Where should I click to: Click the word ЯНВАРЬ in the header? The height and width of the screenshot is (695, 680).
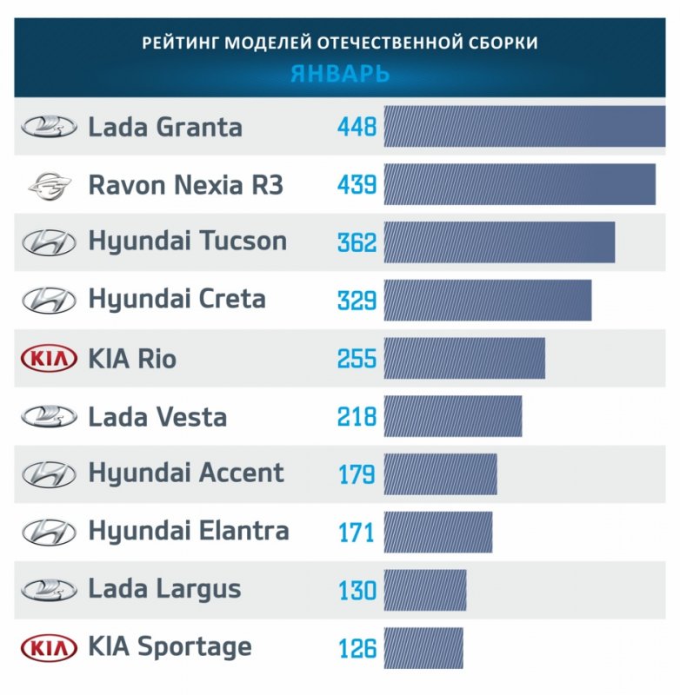point(339,74)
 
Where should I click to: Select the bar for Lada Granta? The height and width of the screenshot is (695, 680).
point(523,127)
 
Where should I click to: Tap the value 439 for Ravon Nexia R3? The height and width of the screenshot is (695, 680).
point(357,185)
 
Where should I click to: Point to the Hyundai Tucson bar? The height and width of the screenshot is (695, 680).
point(499,242)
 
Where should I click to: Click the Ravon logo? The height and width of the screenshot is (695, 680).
point(49,185)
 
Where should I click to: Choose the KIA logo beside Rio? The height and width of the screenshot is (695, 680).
point(48,358)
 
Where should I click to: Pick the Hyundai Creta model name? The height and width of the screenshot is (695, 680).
point(177,300)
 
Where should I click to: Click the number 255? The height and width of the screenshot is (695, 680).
point(357,359)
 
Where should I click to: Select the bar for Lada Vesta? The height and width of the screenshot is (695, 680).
point(452,416)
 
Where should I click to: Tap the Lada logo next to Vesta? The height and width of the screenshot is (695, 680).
point(49,416)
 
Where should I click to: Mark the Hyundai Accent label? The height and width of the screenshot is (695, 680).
point(185,473)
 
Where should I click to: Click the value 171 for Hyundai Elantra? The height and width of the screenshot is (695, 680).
point(356,533)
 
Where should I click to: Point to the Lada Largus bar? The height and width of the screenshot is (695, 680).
point(424,590)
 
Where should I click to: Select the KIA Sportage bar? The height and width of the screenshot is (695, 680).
point(423,648)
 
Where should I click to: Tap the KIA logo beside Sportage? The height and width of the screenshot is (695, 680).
point(48,647)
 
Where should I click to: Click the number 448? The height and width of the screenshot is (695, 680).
point(357,128)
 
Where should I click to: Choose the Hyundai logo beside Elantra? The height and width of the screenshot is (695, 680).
point(49,531)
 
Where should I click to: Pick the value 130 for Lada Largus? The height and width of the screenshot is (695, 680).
point(357,591)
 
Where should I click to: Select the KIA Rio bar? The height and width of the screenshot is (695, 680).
point(463,359)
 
